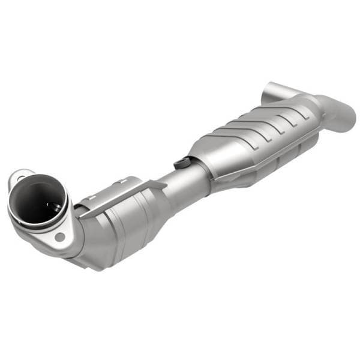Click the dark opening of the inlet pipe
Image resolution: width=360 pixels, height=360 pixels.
(37, 202)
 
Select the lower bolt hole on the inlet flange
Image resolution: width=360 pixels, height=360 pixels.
(60, 236)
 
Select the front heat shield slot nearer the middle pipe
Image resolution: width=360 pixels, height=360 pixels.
(123, 179)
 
